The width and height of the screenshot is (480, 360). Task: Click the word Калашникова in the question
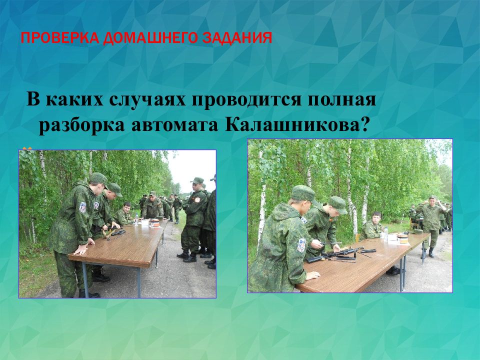[296, 124]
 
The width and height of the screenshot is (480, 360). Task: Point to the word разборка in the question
[81, 125]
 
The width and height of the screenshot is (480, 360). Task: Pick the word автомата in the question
[175, 125]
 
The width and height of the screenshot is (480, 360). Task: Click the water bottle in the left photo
[136, 219]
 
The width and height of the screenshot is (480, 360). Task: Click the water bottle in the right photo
[386, 233]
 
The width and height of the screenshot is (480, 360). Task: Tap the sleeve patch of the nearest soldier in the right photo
[301, 245]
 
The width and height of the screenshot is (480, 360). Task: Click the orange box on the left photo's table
[155, 223]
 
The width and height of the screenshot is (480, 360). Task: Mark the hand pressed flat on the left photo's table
[81, 250]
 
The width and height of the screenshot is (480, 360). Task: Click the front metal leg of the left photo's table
[85, 280]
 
